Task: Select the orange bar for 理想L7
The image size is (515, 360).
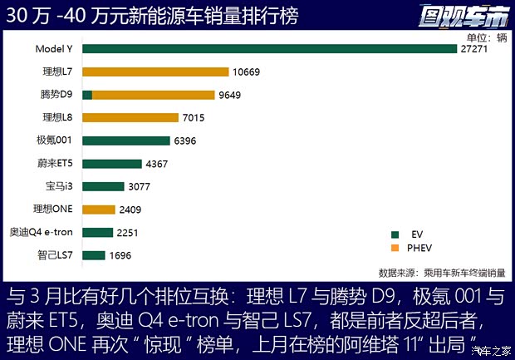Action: (x=155, y=72)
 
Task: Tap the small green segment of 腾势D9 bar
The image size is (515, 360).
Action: (x=87, y=95)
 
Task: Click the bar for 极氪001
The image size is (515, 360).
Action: (x=126, y=141)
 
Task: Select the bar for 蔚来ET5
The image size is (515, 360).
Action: (x=112, y=164)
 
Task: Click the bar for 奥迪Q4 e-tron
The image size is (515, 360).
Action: (x=97, y=233)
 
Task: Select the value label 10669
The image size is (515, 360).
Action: (x=247, y=72)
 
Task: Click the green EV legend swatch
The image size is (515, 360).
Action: (x=394, y=234)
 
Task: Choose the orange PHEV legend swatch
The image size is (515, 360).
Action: (x=394, y=248)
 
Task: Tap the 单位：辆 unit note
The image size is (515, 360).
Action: (x=484, y=37)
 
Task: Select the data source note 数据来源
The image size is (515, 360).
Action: (x=441, y=272)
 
